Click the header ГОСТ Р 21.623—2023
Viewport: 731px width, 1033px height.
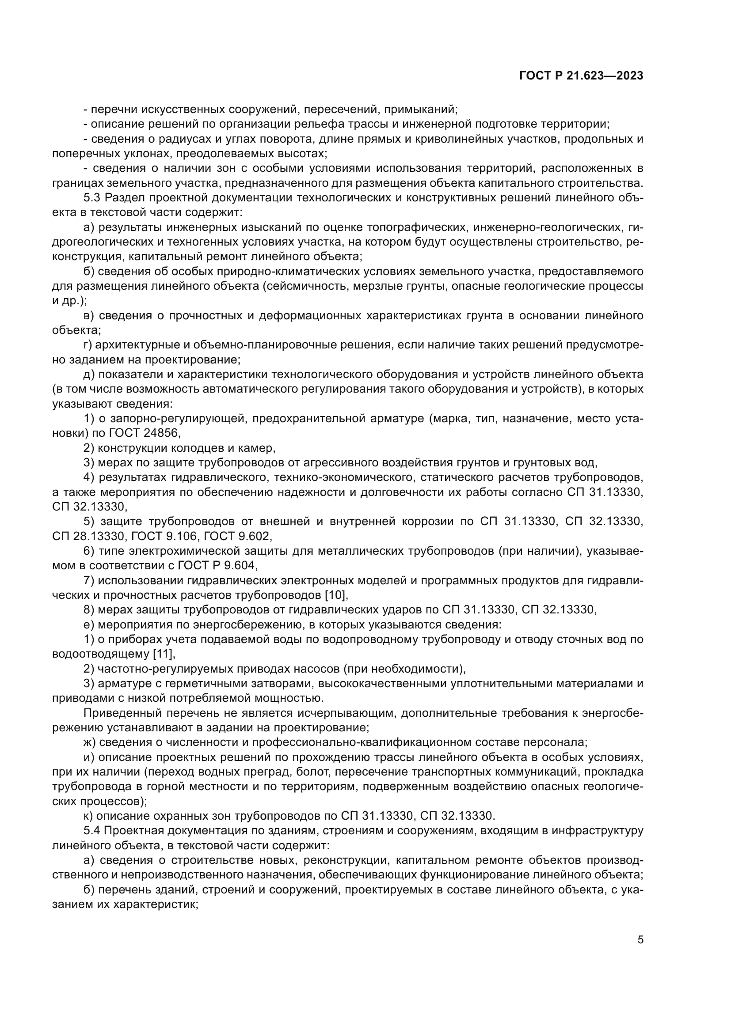tap(581, 76)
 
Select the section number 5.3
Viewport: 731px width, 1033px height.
tap(92, 198)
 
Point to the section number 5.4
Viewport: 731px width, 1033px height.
tap(92, 831)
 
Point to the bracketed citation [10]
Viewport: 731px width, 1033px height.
tap(336, 595)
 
